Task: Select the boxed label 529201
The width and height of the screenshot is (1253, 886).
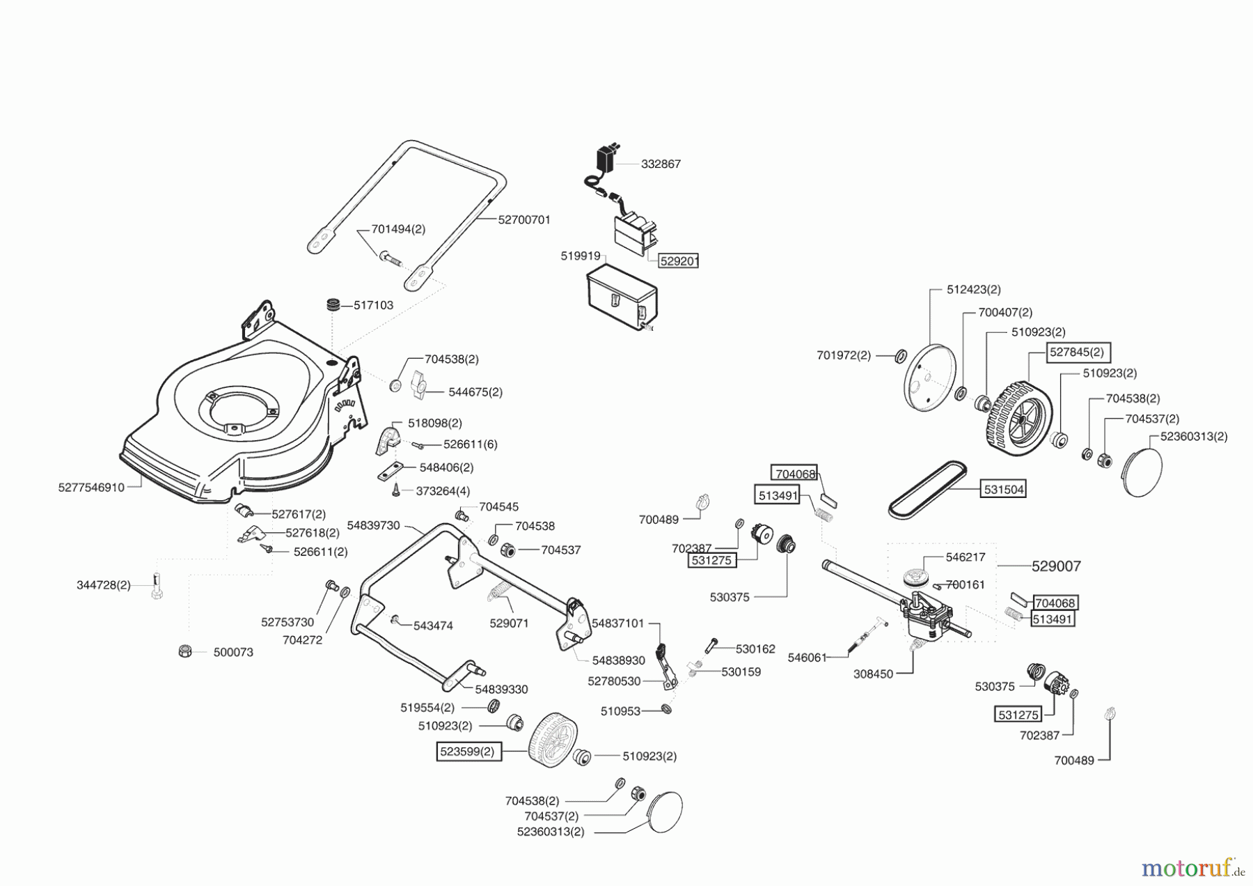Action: (x=679, y=261)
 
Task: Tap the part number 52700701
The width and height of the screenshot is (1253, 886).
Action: (x=524, y=219)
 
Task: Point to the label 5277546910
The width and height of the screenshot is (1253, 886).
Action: (x=91, y=488)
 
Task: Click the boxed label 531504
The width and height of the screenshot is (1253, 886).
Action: (x=1003, y=490)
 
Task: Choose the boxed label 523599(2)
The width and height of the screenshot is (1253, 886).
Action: (x=468, y=752)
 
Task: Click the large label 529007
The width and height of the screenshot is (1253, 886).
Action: (x=1056, y=566)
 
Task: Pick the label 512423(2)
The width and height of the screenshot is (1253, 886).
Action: (x=973, y=289)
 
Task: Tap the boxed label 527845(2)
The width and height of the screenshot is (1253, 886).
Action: (x=1076, y=352)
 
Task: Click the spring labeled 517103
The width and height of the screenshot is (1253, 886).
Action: (x=334, y=306)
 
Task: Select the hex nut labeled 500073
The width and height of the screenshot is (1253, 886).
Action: (x=185, y=651)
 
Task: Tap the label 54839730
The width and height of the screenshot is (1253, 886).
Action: (x=373, y=525)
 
